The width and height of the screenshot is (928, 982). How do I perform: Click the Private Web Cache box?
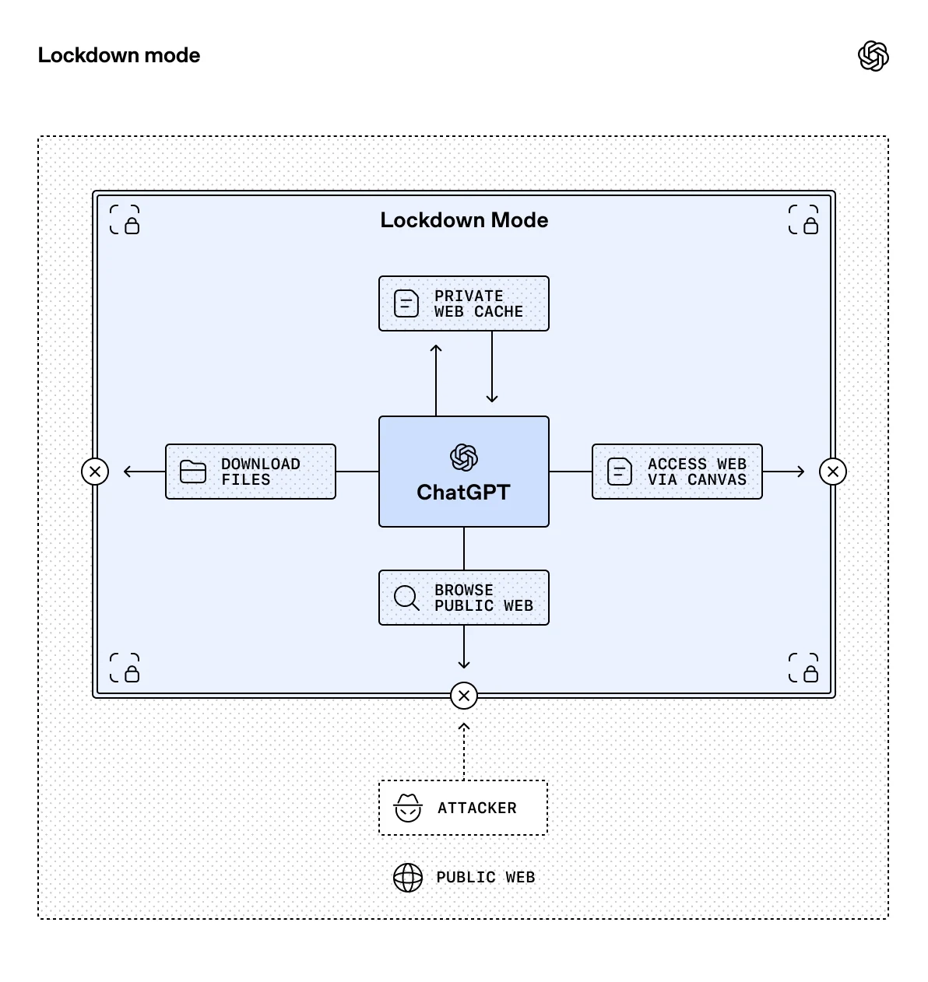point(463,303)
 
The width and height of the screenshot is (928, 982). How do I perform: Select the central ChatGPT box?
point(463,472)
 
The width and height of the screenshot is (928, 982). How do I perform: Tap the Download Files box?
point(251,472)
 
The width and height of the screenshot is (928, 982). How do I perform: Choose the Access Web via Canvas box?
point(677,472)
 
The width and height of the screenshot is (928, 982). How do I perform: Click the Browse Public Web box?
point(463,598)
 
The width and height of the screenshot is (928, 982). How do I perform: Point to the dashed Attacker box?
point(463,808)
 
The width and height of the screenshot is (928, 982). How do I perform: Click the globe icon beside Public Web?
point(408,878)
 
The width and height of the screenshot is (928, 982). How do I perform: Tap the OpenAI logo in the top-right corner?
point(873,56)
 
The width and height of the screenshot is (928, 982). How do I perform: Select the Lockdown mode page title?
point(119,55)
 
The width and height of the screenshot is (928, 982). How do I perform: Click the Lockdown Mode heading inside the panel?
point(464,220)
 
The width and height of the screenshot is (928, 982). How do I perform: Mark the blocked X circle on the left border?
point(95,472)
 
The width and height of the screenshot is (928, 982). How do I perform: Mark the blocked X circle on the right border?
point(833,472)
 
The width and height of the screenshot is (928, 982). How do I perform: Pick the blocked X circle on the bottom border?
point(464,696)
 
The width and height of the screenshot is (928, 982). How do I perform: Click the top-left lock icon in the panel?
point(125,219)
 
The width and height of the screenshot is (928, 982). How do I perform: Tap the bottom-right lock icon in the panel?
point(803,668)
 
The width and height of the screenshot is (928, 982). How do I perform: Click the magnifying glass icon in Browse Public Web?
point(406,598)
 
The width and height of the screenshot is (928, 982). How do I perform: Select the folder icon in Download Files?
point(193,472)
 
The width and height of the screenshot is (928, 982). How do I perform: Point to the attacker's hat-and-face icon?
point(408,808)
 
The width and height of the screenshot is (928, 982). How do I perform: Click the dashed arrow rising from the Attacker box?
point(464,751)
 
